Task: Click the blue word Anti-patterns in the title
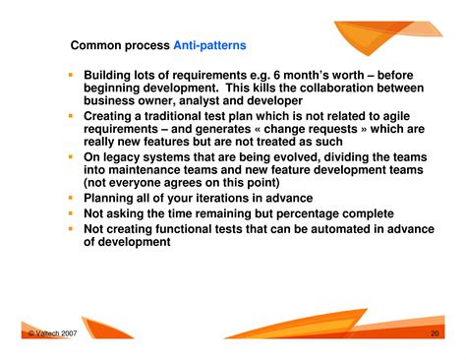[209, 45]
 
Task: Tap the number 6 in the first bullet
[277, 75]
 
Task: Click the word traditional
[173, 116]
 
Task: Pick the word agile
[396, 116]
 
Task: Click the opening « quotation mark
[258, 129]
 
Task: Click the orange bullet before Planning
[71, 198]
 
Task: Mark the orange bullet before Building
[71, 75]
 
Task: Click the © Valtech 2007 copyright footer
[52, 333]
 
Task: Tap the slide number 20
[435, 333]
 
